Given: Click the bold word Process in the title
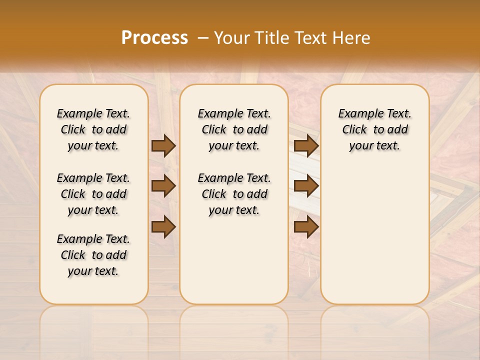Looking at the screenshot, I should tap(154, 38).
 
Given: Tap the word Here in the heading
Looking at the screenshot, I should tap(352, 38).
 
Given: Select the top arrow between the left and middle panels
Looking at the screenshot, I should tap(163, 145).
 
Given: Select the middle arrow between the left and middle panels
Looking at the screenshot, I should tap(163, 186).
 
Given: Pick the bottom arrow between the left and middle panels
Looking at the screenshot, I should tap(163, 226).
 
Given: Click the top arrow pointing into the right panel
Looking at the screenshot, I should tap(306, 145).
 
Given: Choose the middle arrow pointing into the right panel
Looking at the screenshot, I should tap(306, 186).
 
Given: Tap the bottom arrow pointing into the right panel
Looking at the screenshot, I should tap(306, 226).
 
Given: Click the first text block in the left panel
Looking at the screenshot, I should tap(93, 129).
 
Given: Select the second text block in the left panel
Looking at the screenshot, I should tap(93, 194).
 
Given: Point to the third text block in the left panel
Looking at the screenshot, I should tap(93, 255).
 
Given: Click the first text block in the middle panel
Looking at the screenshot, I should tap(234, 129).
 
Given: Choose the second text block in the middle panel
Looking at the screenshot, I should tap(234, 194).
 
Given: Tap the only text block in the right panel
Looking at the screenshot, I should tap(374, 129).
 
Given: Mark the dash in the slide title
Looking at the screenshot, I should tap(203, 38).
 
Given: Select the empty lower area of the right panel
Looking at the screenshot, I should tap(374, 235).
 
